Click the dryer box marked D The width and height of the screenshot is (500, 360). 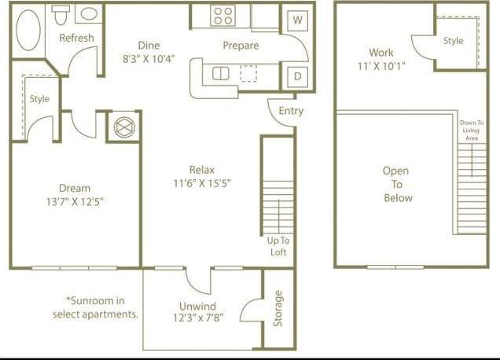click(x=297, y=77)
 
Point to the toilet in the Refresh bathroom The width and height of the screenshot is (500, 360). click(x=61, y=14)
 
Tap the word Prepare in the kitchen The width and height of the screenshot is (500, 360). click(x=241, y=46)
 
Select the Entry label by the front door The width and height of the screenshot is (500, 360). click(x=291, y=111)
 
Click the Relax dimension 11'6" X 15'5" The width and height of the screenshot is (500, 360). click(x=202, y=183)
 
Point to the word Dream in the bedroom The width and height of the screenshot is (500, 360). click(x=75, y=188)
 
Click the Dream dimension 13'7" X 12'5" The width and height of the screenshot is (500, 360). click(x=75, y=201)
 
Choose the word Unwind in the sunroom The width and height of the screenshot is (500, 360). click(x=197, y=307)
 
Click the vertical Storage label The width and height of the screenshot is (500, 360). click(x=278, y=309)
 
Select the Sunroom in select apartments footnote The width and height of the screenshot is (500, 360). click(x=95, y=307)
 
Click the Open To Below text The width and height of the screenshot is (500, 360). click(x=398, y=184)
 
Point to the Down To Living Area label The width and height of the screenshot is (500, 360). click(x=471, y=130)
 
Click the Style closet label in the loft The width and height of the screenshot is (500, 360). click(x=453, y=41)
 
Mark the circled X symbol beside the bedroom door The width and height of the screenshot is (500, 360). click(x=124, y=127)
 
